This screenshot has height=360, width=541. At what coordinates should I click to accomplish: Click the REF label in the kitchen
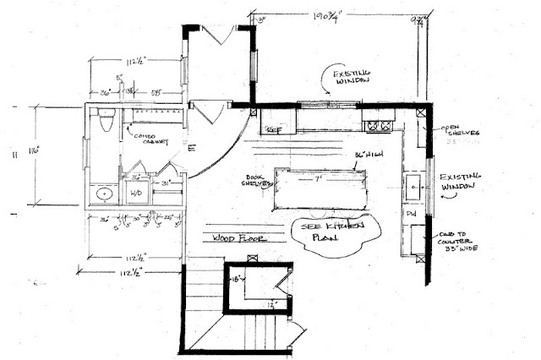click(x=273, y=130)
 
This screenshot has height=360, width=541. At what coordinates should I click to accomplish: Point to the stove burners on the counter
click(x=376, y=126)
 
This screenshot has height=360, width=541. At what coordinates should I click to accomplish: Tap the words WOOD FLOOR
click(x=237, y=238)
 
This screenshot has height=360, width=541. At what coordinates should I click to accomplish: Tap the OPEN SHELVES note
click(x=461, y=132)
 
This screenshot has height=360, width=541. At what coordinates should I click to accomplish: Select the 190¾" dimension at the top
click(x=342, y=16)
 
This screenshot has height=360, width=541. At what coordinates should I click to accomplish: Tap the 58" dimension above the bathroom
click(x=157, y=92)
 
